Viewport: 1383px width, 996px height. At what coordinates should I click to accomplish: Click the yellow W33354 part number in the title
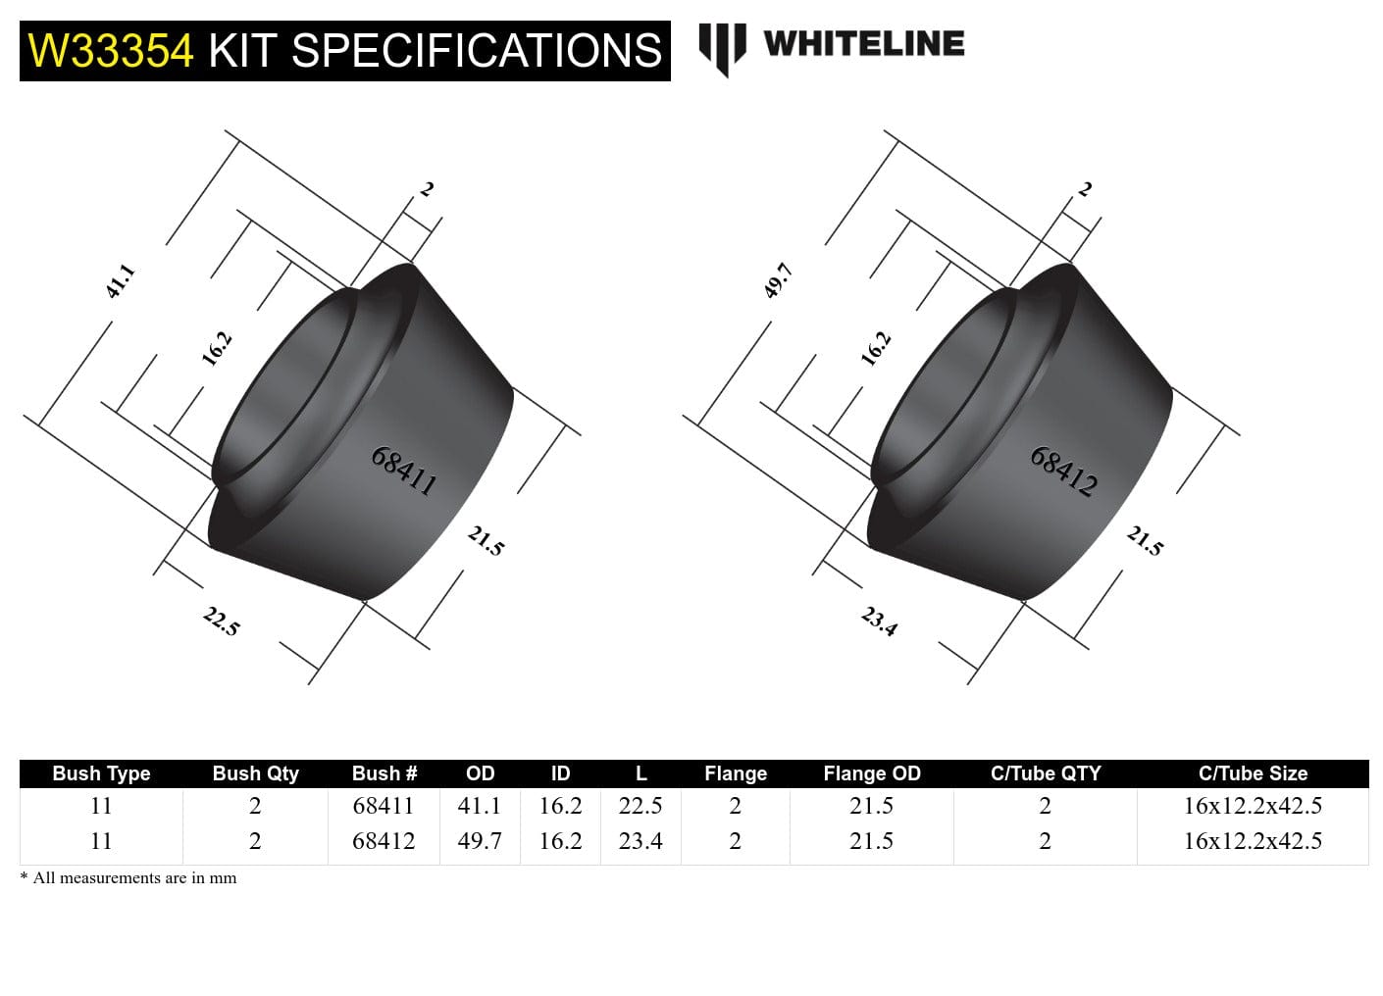click(111, 51)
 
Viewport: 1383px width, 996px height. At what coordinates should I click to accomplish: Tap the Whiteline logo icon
click(722, 48)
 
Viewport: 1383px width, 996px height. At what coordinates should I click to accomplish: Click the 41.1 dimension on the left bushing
click(120, 281)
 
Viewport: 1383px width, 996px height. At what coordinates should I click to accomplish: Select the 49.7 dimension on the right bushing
click(778, 281)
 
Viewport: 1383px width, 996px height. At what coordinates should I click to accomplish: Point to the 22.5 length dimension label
click(221, 622)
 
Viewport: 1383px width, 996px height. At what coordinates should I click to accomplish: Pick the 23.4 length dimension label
click(879, 622)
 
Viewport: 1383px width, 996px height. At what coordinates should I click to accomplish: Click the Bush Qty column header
click(255, 773)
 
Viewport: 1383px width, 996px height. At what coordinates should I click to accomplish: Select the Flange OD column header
click(871, 773)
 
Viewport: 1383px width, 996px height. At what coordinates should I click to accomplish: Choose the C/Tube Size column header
click(1253, 773)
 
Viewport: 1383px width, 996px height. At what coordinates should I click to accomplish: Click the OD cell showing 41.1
click(480, 806)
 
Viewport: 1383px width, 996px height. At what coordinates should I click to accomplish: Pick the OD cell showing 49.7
click(480, 841)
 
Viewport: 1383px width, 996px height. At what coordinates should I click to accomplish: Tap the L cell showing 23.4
click(640, 841)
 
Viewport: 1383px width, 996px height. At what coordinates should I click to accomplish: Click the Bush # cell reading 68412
click(384, 841)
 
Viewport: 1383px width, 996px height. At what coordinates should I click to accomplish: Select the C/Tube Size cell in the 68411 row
click(1253, 806)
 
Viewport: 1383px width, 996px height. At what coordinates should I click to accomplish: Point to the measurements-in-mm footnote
click(128, 878)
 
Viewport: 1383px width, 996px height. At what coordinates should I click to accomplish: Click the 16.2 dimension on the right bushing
click(875, 349)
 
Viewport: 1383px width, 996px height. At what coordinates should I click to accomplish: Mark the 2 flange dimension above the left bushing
click(427, 189)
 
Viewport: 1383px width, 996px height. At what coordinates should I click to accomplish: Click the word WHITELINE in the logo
click(863, 43)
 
